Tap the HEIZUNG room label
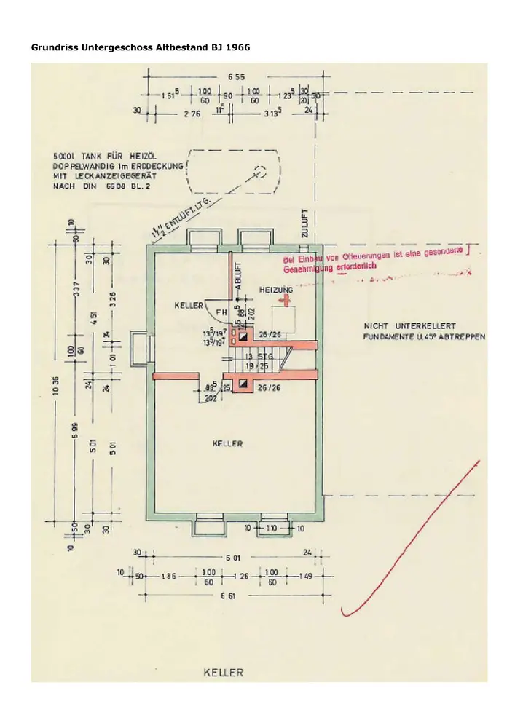(x=276, y=290)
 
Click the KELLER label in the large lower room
(x=227, y=443)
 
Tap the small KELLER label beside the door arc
(x=188, y=306)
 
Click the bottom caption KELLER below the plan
(x=223, y=673)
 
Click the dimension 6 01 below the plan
(x=232, y=558)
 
